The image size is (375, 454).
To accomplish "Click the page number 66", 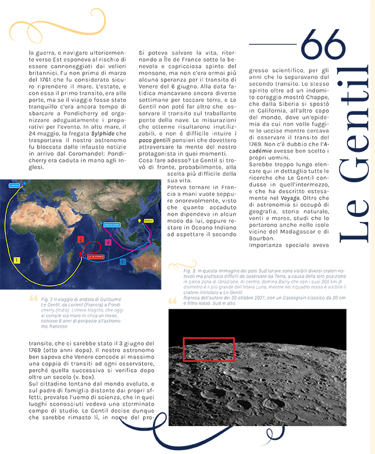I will (x=323, y=41).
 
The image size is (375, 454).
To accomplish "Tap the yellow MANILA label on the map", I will (x=148, y=221).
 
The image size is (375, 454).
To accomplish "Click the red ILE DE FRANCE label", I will (x=96, y=256).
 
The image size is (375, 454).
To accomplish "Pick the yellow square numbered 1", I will (x=17, y=260).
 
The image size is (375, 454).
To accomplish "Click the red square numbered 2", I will (x=81, y=239).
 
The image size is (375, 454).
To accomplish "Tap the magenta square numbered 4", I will (x=108, y=242).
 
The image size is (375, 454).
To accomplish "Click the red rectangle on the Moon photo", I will (x=209, y=349).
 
